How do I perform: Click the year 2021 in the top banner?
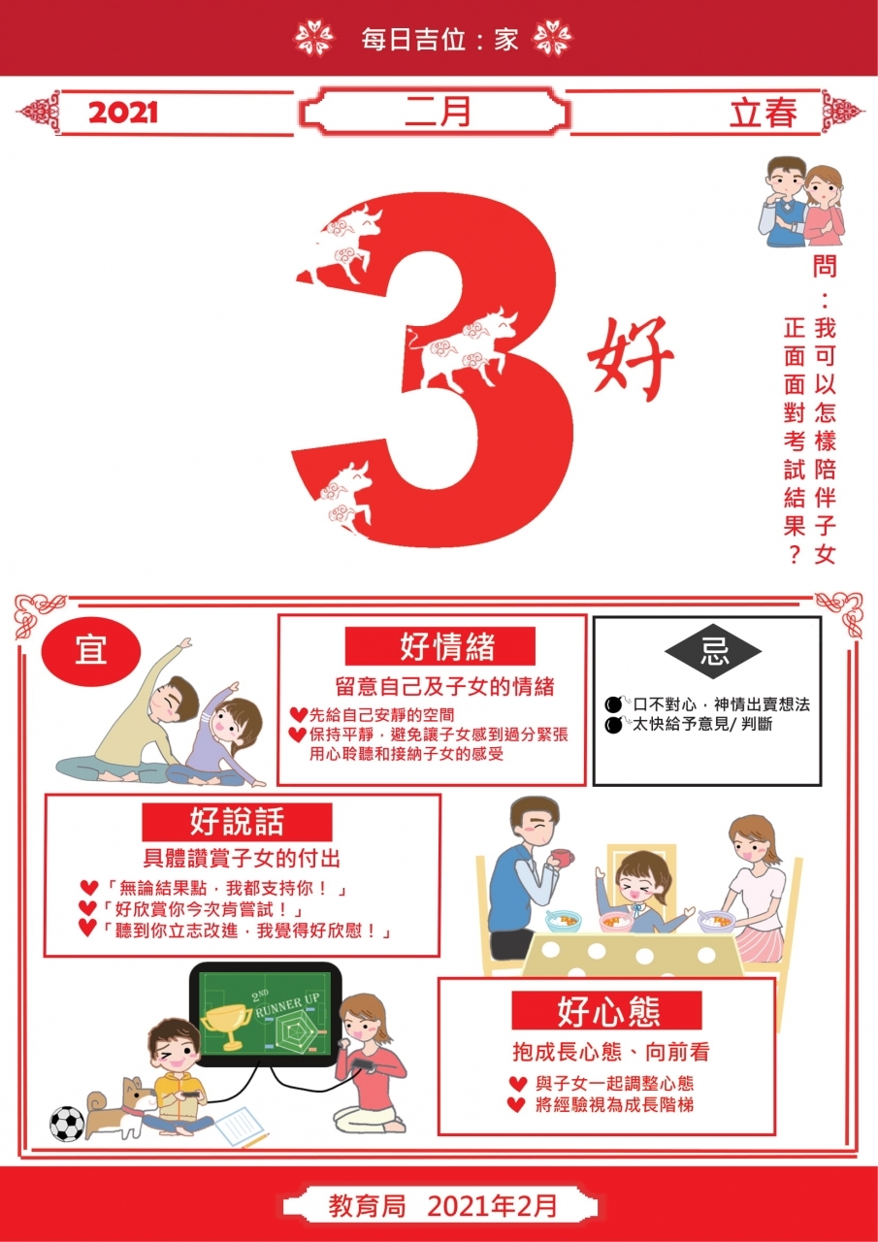click(123, 114)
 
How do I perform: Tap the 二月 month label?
click(438, 112)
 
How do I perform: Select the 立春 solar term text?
click(764, 113)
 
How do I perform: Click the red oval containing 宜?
click(91, 651)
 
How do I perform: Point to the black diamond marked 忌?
click(713, 651)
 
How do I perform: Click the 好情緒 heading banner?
click(440, 646)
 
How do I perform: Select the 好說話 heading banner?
click(238, 822)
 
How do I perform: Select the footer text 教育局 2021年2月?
click(442, 1206)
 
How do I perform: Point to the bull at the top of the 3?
click(345, 243)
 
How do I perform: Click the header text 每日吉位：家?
click(439, 40)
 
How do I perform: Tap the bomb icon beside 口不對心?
click(615, 704)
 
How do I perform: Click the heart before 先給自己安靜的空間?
click(299, 715)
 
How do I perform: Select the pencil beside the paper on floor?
click(256, 1140)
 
